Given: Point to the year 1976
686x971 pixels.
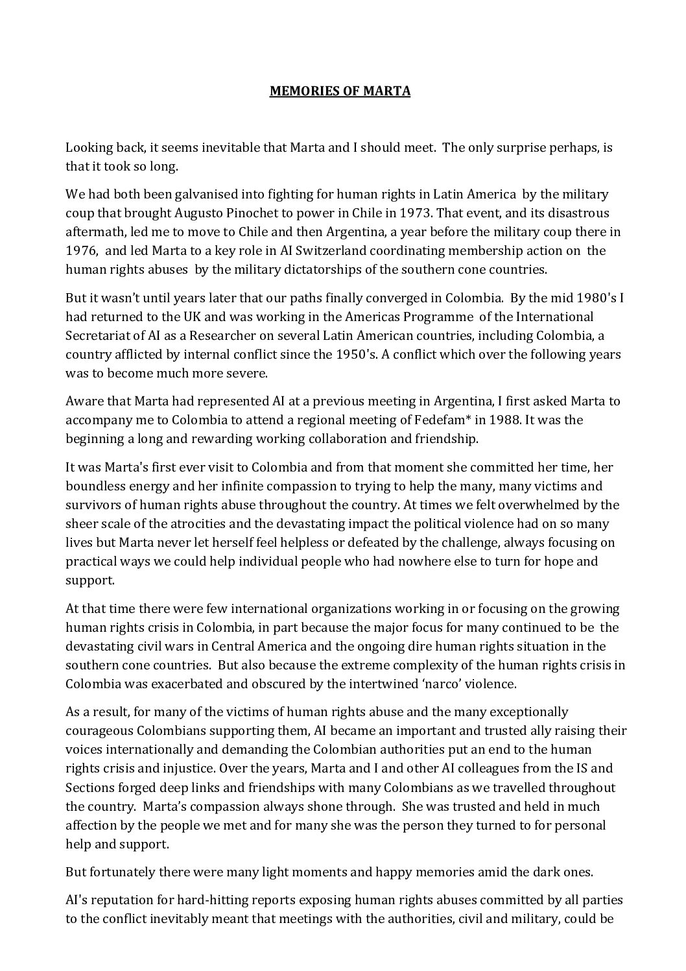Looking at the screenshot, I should pyautogui.click(x=80, y=250).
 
